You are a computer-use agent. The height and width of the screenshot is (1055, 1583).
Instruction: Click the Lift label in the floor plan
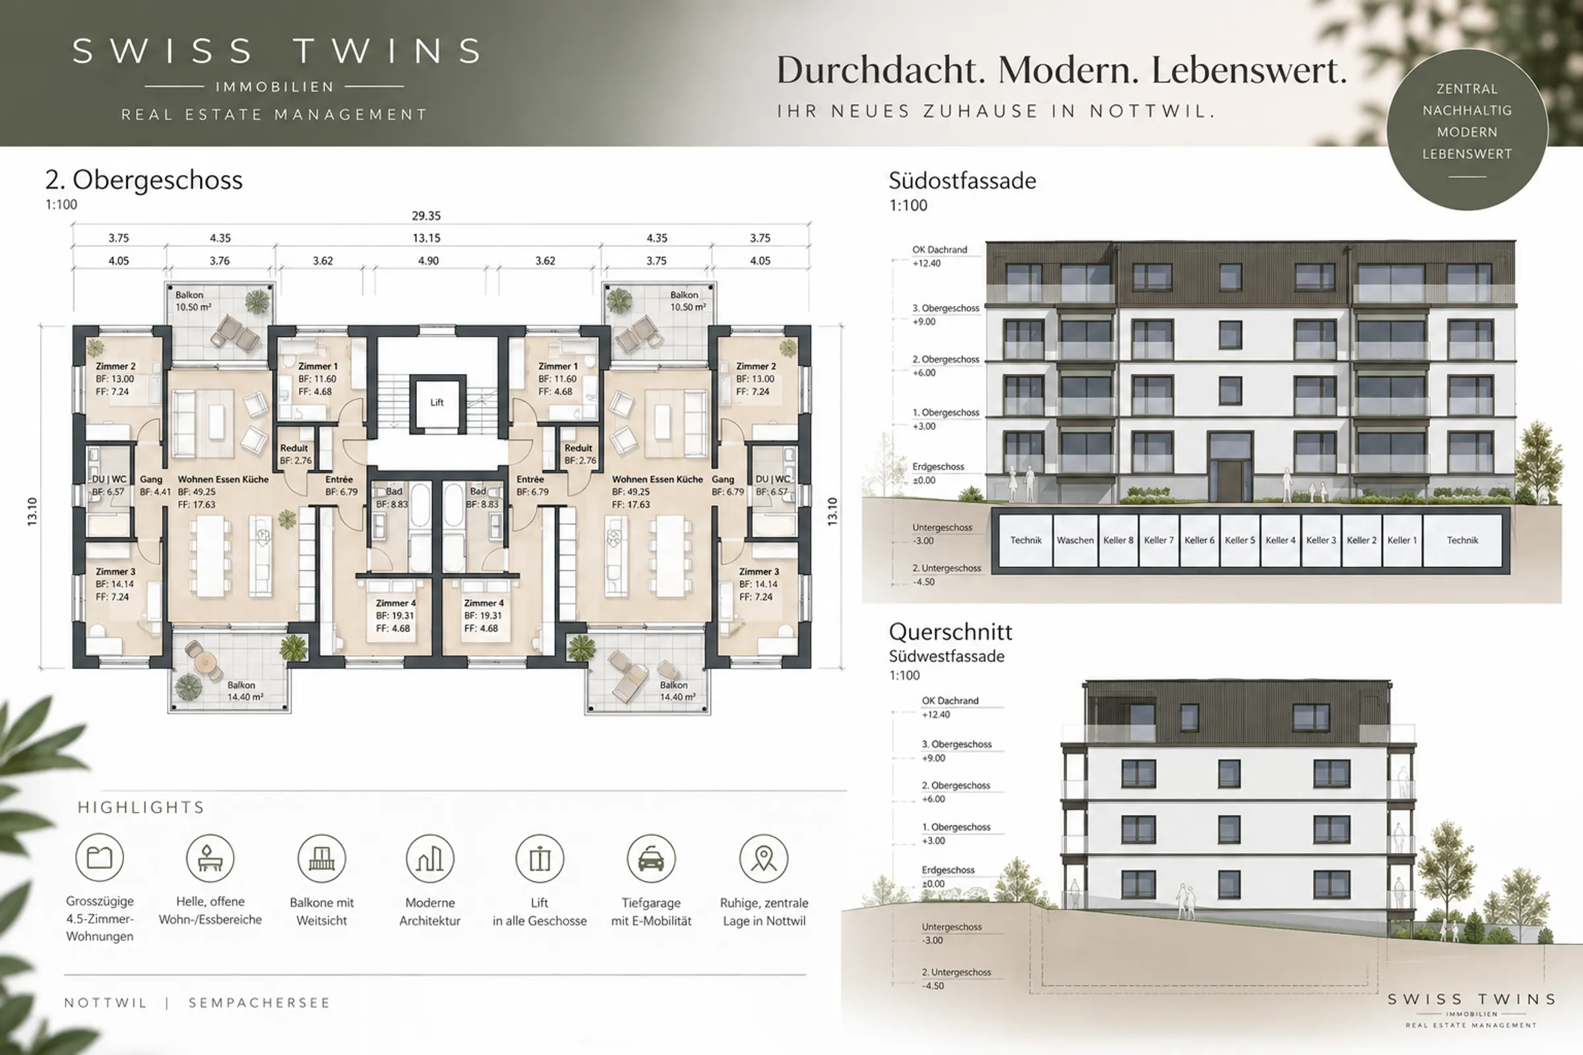[x=437, y=402]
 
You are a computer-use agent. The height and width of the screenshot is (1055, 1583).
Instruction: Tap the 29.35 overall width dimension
[x=426, y=216]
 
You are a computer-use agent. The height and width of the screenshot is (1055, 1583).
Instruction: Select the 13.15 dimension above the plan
[x=426, y=238]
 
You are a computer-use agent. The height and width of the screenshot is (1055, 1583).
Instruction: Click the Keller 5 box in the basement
[x=1240, y=540]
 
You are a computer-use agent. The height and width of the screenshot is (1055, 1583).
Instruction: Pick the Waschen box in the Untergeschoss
[x=1075, y=540]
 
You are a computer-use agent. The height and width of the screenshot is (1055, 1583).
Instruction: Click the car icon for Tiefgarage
[x=651, y=859]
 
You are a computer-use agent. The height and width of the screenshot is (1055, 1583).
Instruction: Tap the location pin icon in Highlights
[x=763, y=859]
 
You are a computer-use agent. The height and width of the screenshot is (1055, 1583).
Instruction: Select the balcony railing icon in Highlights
[x=322, y=859]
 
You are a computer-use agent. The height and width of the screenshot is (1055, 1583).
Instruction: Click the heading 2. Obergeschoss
[x=144, y=180]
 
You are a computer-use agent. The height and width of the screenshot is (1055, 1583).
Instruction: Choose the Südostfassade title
[x=962, y=181]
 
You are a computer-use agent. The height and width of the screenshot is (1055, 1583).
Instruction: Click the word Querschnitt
[x=950, y=632]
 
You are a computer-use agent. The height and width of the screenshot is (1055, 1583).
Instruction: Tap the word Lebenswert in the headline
[x=1249, y=70]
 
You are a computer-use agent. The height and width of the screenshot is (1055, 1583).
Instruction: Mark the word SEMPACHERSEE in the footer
[x=259, y=1002]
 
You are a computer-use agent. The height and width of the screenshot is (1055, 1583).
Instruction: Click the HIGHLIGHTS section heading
[x=140, y=807]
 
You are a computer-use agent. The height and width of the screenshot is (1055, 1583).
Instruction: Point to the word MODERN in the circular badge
[x=1467, y=132]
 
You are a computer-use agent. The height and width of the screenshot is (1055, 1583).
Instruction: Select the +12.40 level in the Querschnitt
[x=936, y=715]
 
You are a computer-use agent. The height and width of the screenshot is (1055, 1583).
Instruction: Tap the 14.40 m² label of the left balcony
[x=245, y=697]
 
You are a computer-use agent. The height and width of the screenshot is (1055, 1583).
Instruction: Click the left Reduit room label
[x=294, y=448]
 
